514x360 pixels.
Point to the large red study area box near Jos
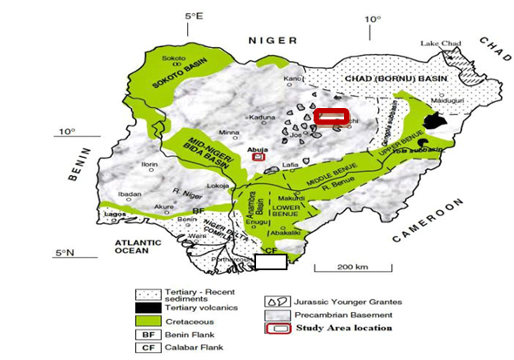(331, 117)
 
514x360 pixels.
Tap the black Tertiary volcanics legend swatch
(152, 307)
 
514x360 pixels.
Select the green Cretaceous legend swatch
(152, 320)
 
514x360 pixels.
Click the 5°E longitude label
(193, 17)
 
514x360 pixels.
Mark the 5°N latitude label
(65, 252)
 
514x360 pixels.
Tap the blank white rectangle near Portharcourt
(271, 262)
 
